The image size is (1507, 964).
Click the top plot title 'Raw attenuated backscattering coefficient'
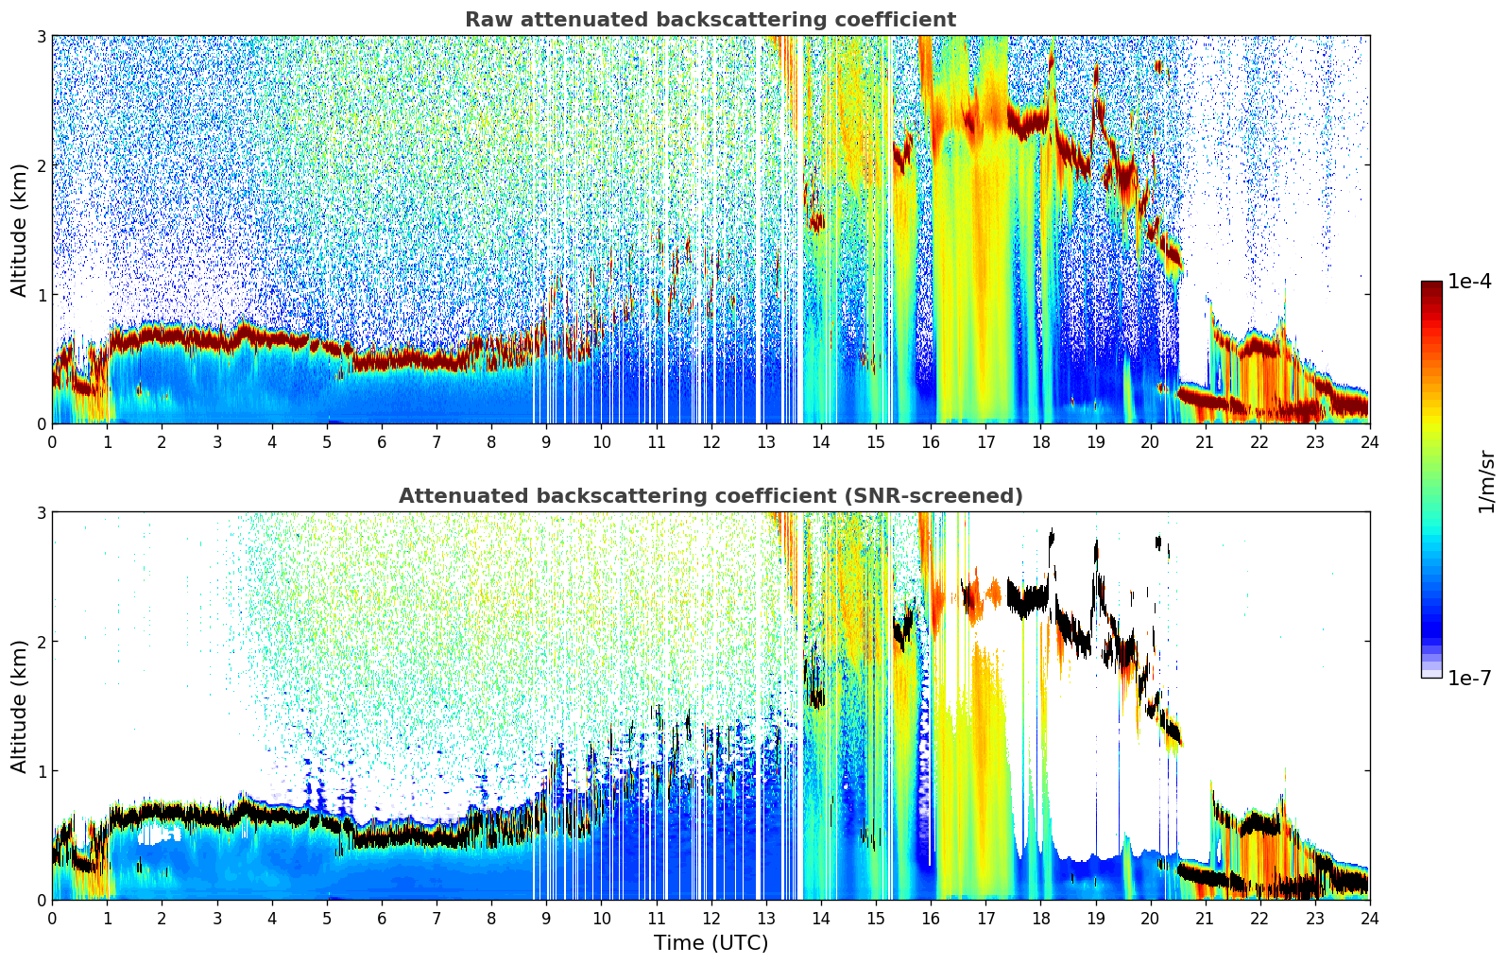(710, 20)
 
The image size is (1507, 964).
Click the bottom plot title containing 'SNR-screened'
(710, 496)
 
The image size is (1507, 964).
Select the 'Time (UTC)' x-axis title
(711, 943)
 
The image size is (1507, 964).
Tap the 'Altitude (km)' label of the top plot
(20, 230)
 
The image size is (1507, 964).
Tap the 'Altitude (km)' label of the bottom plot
(20, 706)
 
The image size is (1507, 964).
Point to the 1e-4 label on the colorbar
(1469, 282)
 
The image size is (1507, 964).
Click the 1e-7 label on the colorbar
(1469, 678)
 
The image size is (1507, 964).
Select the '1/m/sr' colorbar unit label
(1486, 481)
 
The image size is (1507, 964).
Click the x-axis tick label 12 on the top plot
(711, 442)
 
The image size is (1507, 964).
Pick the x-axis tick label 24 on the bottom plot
(1369, 919)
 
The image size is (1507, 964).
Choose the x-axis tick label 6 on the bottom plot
(382, 919)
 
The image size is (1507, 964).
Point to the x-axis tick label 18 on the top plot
(1040, 442)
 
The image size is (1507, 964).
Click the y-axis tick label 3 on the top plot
(42, 36)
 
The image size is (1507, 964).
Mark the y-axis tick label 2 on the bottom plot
(42, 642)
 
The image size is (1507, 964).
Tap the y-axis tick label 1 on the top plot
(42, 295)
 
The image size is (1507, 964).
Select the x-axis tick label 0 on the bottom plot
(52, 919)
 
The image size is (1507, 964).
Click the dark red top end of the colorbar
(1431, 285)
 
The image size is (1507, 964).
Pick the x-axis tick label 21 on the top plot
(1205, 442)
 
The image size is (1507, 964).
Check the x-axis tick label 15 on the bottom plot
(876, 919)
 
